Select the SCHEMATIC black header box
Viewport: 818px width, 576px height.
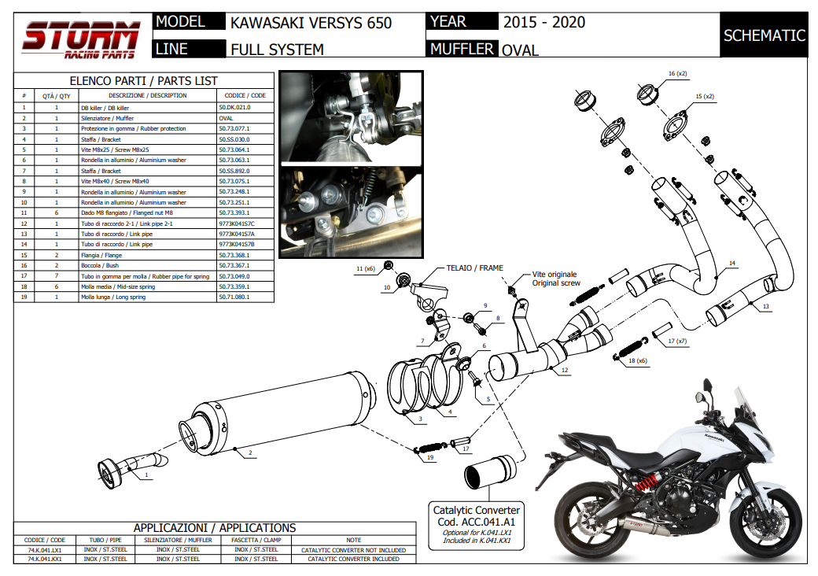click(x=764, y=35)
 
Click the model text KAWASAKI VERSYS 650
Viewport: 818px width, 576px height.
click(x=311, y=23)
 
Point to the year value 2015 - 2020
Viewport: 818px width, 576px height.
click(x=543, y=22)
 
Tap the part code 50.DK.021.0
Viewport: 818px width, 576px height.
click(x=234, y=107)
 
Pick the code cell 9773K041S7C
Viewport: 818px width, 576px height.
click(x=236, y=224)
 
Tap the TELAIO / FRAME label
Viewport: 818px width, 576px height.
click(x=474, y=268)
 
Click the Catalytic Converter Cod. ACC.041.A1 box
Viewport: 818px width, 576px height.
click(x=477, y=522)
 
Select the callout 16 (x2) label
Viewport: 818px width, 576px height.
click(x=677, y=73)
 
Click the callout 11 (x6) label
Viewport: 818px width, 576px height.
click(x=363, y=269)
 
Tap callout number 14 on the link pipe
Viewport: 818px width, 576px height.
click(x=731, y=264)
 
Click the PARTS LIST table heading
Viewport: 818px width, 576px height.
click(x=144, y=81)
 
